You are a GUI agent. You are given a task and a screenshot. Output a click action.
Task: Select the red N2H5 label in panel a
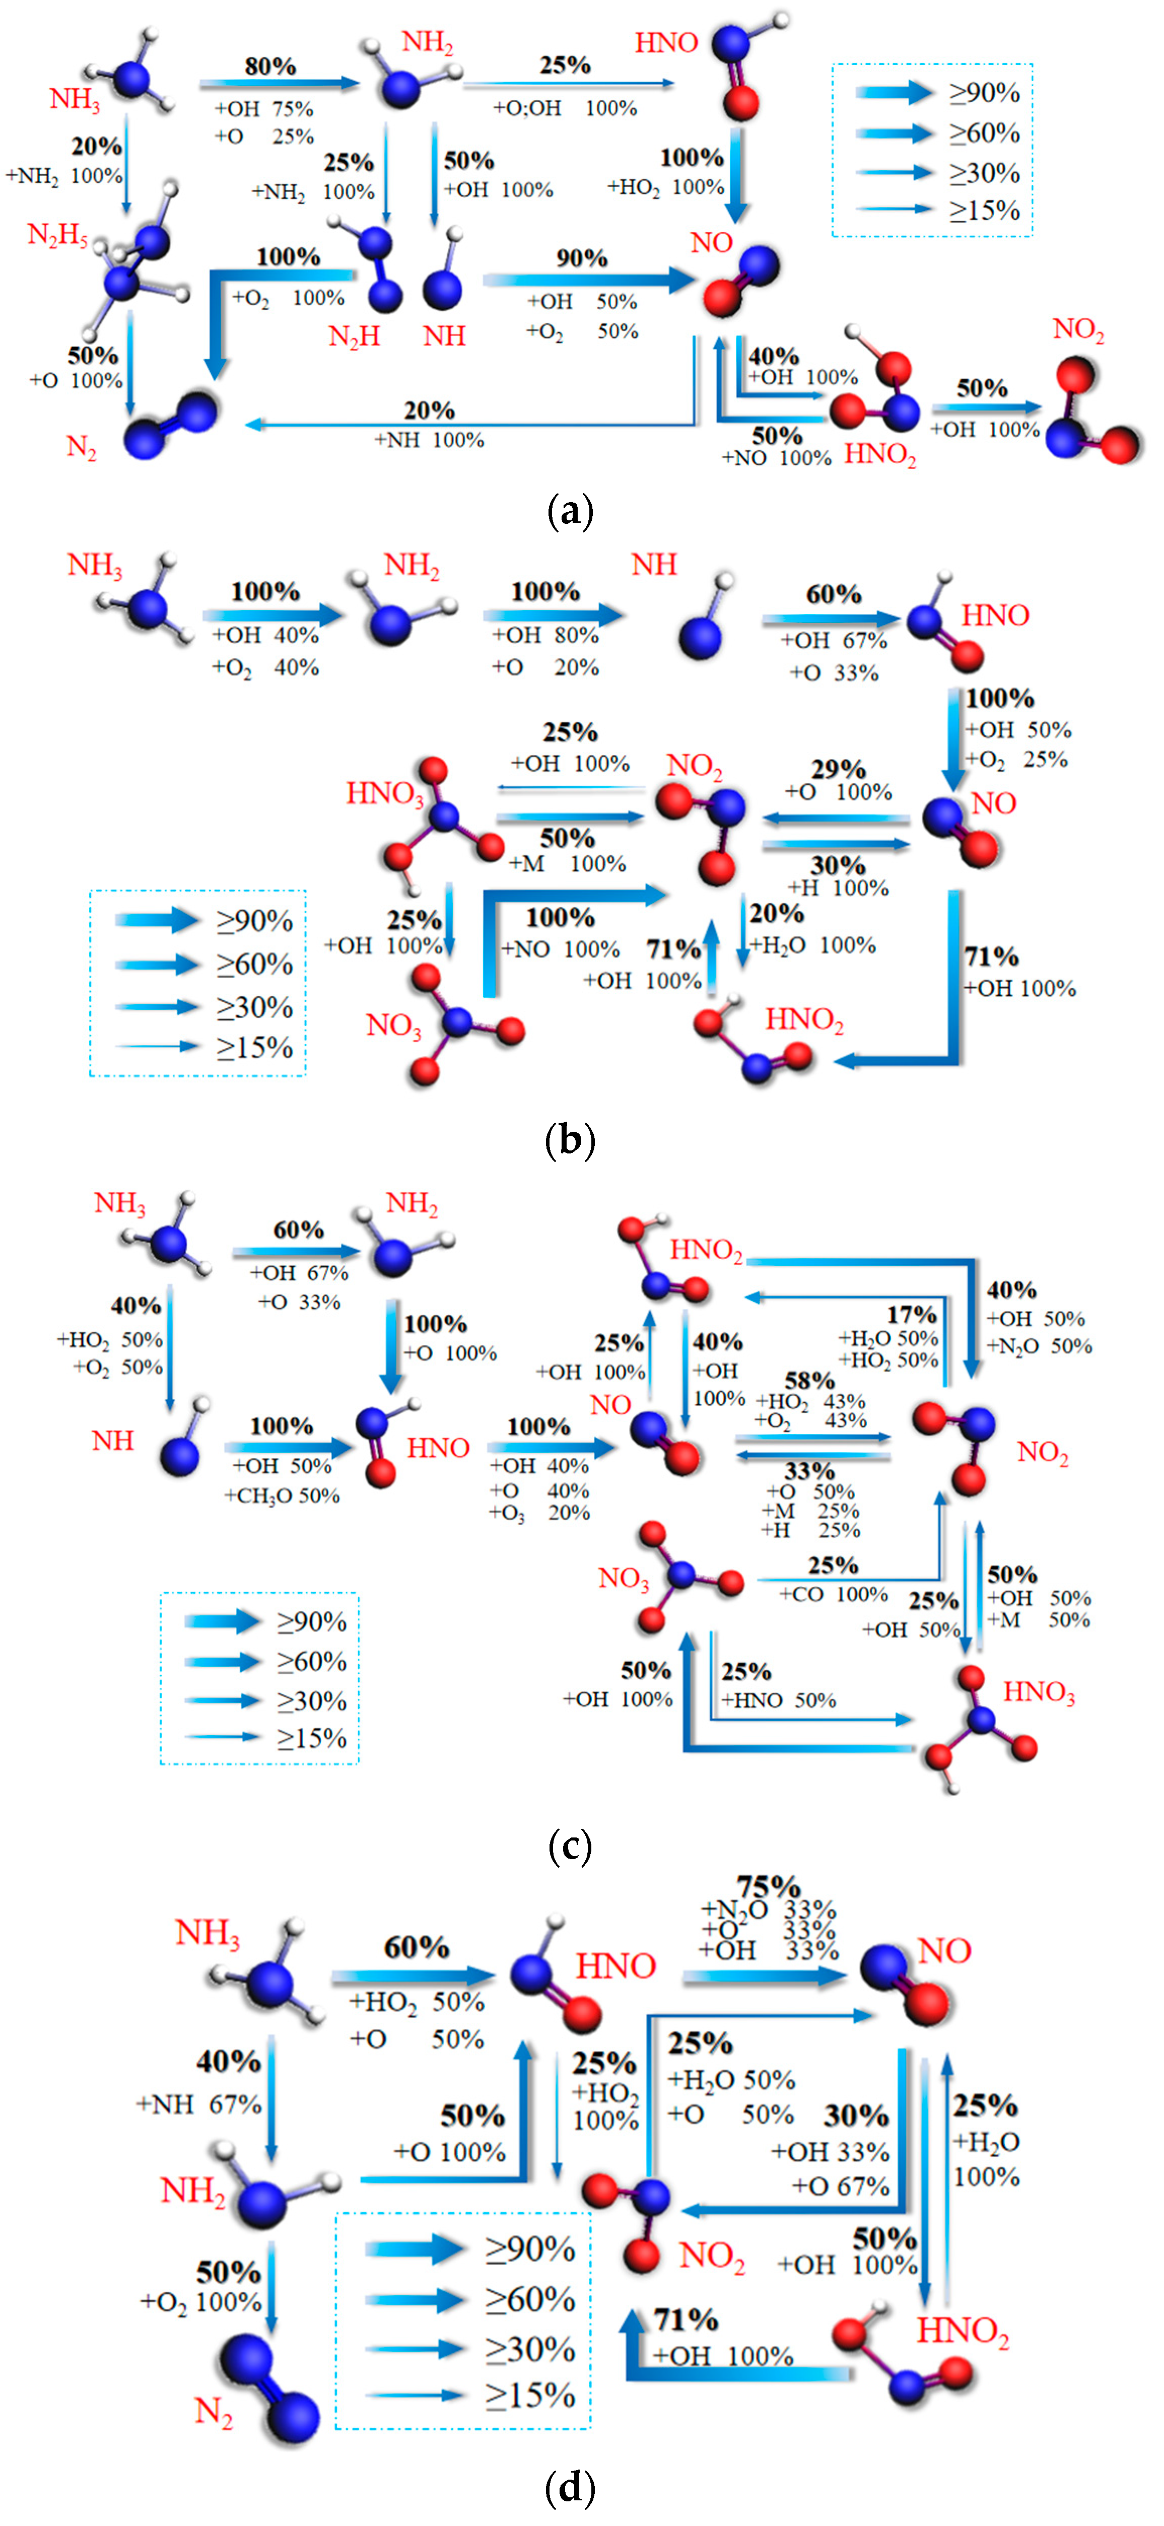[x=57, y=235]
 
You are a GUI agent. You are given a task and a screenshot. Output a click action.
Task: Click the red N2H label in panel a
[x=353, y=336]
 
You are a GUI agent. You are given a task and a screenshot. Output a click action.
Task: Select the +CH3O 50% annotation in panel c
[x=283, y=1495]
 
